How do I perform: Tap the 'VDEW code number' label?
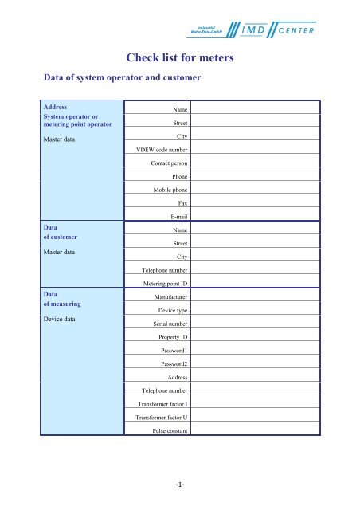[161, 149]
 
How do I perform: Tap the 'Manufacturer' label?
[168, 297]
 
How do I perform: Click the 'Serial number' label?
[165, 324]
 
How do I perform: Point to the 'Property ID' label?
[169, 338]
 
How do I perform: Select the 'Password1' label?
[171, 351]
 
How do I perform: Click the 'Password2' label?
[171, 364]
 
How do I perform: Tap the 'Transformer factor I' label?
[162, 405]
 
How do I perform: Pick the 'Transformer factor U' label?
[160, 418]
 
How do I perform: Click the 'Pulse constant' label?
[167, 431]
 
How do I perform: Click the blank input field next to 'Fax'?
[254, 202]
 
